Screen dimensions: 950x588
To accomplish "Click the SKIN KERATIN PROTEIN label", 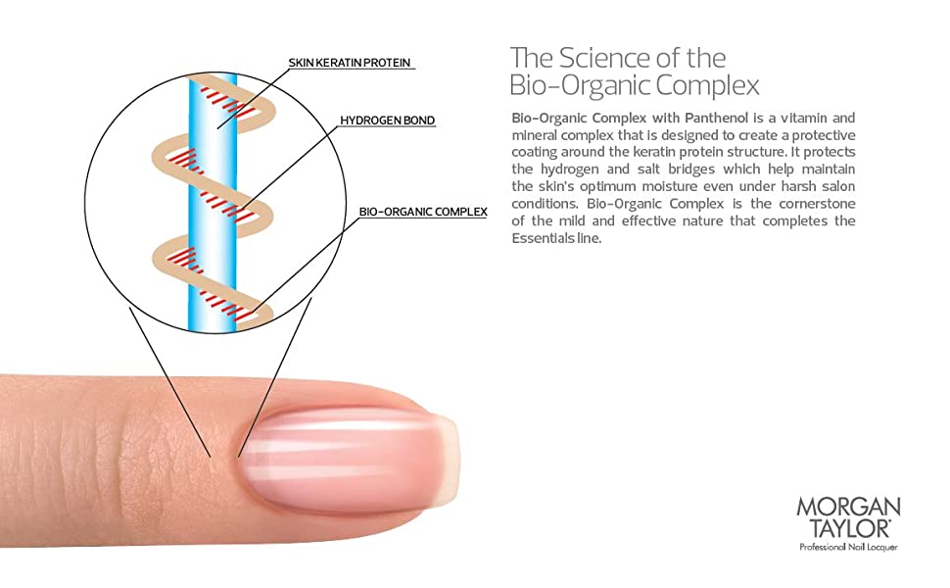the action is click(x=350, y=63).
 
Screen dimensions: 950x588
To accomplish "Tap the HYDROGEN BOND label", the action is click(x=387, y=120).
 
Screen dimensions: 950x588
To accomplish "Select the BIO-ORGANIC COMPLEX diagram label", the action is click(x=423, y=212).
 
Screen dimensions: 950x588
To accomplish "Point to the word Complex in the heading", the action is click(x=708, y=86).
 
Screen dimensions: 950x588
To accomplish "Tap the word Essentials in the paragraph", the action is click(x=544, y=238).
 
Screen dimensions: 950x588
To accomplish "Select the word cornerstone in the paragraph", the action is click(x=818, y=204).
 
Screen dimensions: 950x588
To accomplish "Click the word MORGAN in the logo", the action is click(x=848, y=507).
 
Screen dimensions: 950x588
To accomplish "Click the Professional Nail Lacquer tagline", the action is click(x=848, y=548).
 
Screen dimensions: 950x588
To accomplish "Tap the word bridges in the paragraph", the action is click(x=691, y=170).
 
